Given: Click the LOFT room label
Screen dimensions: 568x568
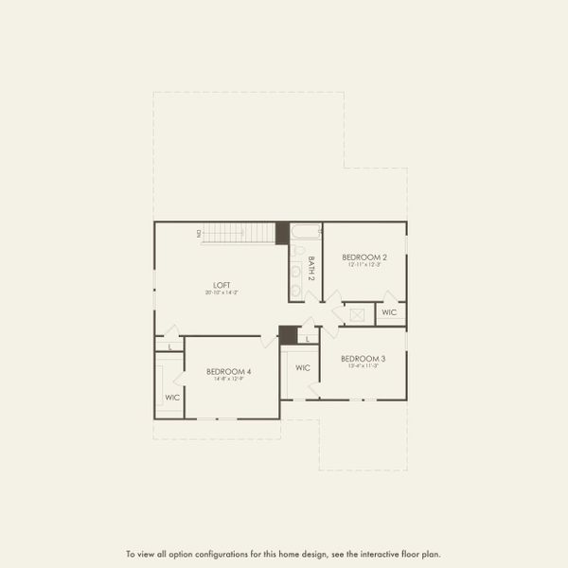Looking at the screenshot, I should pyautogui.click(x=222, y=285).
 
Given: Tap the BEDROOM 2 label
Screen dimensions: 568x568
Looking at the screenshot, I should pyautogui.click(x=364, y=257).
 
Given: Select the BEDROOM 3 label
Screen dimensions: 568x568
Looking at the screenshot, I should pyautogui.click(x=364, y=358).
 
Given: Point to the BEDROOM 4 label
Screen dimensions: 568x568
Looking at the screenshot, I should pyautogui.click(x=228, y=372).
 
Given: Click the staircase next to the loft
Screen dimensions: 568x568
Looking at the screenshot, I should pyautogui.click(x=240, y=233).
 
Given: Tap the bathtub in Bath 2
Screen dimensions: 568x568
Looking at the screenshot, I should pyautogui.click(x=306, y=230).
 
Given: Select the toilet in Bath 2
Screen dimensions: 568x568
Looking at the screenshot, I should pyautogui.click(x=296, y=251).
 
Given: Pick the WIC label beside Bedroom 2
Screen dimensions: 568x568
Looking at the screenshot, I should pyautogui.click(x=389, y=311).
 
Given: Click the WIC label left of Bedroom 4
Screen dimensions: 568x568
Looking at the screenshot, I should pyautogui.click(x=172, y=398).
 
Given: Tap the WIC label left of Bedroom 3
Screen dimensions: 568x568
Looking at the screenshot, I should pyautogui.click(x=303, y=368).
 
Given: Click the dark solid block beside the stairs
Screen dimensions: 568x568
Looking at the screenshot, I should pyautogui.click(x=281, y=233).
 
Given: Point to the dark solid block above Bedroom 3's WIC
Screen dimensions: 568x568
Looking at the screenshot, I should pyautogui.click(x=288, y=334).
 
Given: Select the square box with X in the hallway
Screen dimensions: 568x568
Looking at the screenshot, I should pyautogui.click(x=359, y=314).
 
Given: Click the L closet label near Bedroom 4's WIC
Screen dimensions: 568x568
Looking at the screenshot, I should pyautogui.click(x=170, y=347).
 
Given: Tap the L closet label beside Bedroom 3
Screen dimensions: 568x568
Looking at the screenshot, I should pyautogui.click(x=309, y=338).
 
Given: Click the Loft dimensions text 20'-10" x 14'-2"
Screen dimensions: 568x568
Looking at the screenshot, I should pyautogui.click(x=222, y=293).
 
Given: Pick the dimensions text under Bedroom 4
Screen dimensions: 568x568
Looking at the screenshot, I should pyautogui.click(x=228, y=380).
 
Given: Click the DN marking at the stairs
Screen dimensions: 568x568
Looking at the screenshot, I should pyautogui.click(x=199, y=233).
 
